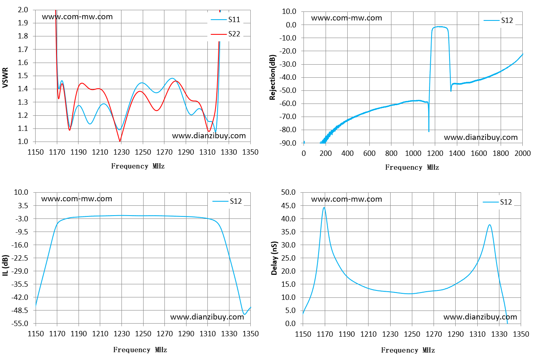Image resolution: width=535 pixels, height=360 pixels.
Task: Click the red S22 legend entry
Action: [225, 34]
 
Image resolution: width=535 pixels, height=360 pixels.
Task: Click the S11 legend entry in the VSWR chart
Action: [225, 20]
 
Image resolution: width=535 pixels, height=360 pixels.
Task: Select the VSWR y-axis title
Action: [5, 78]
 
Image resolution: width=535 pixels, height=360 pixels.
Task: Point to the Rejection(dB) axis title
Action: [272, 77]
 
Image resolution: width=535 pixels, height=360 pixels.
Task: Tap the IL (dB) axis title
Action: [5, 265]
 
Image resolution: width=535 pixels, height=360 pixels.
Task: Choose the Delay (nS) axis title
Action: [274, 258]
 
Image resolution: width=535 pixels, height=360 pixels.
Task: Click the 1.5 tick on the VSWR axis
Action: [23, 76]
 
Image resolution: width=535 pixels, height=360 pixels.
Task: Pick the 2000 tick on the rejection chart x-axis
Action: [523, 153]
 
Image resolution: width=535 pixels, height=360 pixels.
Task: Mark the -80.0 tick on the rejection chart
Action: [288, 130]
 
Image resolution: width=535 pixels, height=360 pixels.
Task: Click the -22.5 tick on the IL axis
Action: [20, 258]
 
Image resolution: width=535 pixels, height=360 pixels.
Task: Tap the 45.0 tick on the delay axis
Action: [288, 205]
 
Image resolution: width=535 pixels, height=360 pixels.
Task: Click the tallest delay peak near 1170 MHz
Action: [324, 207]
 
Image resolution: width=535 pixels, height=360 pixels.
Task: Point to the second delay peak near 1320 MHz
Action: [490, 225]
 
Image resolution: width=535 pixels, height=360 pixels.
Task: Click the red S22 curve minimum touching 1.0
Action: [120, 141]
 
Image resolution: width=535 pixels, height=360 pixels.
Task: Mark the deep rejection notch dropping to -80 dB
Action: [429, 131]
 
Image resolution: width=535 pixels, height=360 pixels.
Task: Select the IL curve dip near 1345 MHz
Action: [244, 314]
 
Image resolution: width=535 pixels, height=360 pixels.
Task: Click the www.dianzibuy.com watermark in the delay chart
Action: [480, 317]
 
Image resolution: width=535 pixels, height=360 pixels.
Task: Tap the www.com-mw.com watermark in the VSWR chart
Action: [77, 17]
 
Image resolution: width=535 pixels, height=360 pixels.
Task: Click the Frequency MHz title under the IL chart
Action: [140, 350]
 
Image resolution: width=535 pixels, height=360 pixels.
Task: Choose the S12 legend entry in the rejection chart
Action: [498, 20]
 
